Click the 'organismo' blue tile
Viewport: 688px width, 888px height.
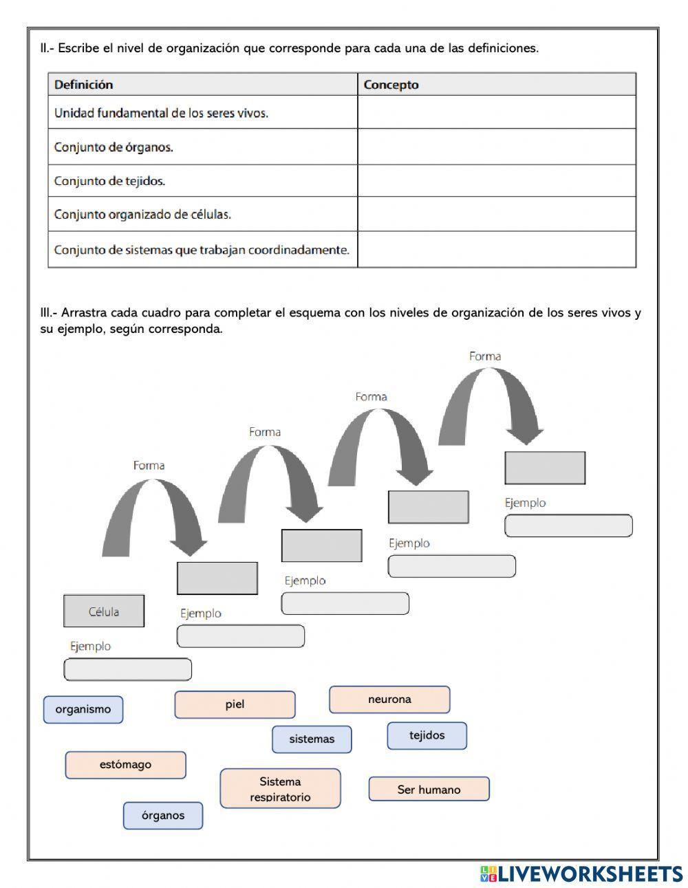click(x=83, y=709)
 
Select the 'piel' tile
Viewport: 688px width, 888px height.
click(x=235, y=704)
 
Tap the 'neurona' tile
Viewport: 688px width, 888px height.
click(x=389, y=700)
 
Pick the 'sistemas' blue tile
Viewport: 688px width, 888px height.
click(x=312, y=739)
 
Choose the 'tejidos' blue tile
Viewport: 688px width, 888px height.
click(x=427, y=735)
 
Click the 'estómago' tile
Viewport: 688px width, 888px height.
click(x=125, y=765)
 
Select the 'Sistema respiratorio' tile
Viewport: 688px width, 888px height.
click(x=280, y=788)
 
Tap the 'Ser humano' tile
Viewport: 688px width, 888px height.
click(x=429, y=789)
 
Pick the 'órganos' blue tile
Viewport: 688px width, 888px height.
click(x=163, y=816)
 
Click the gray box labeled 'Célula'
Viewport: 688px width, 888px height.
click(x=104, y=611)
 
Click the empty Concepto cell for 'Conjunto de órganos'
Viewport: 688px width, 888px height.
click(x=496, y=147)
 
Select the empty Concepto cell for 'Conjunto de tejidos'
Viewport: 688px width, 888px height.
click(x=496, y=181)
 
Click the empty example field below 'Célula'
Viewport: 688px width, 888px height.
click(x=127, y=669)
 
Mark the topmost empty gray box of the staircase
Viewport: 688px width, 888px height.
click(x=545, y=468)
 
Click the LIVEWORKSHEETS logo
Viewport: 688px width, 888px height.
click(x=581, y=874)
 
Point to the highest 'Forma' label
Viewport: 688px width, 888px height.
click(x=485, y=356)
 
